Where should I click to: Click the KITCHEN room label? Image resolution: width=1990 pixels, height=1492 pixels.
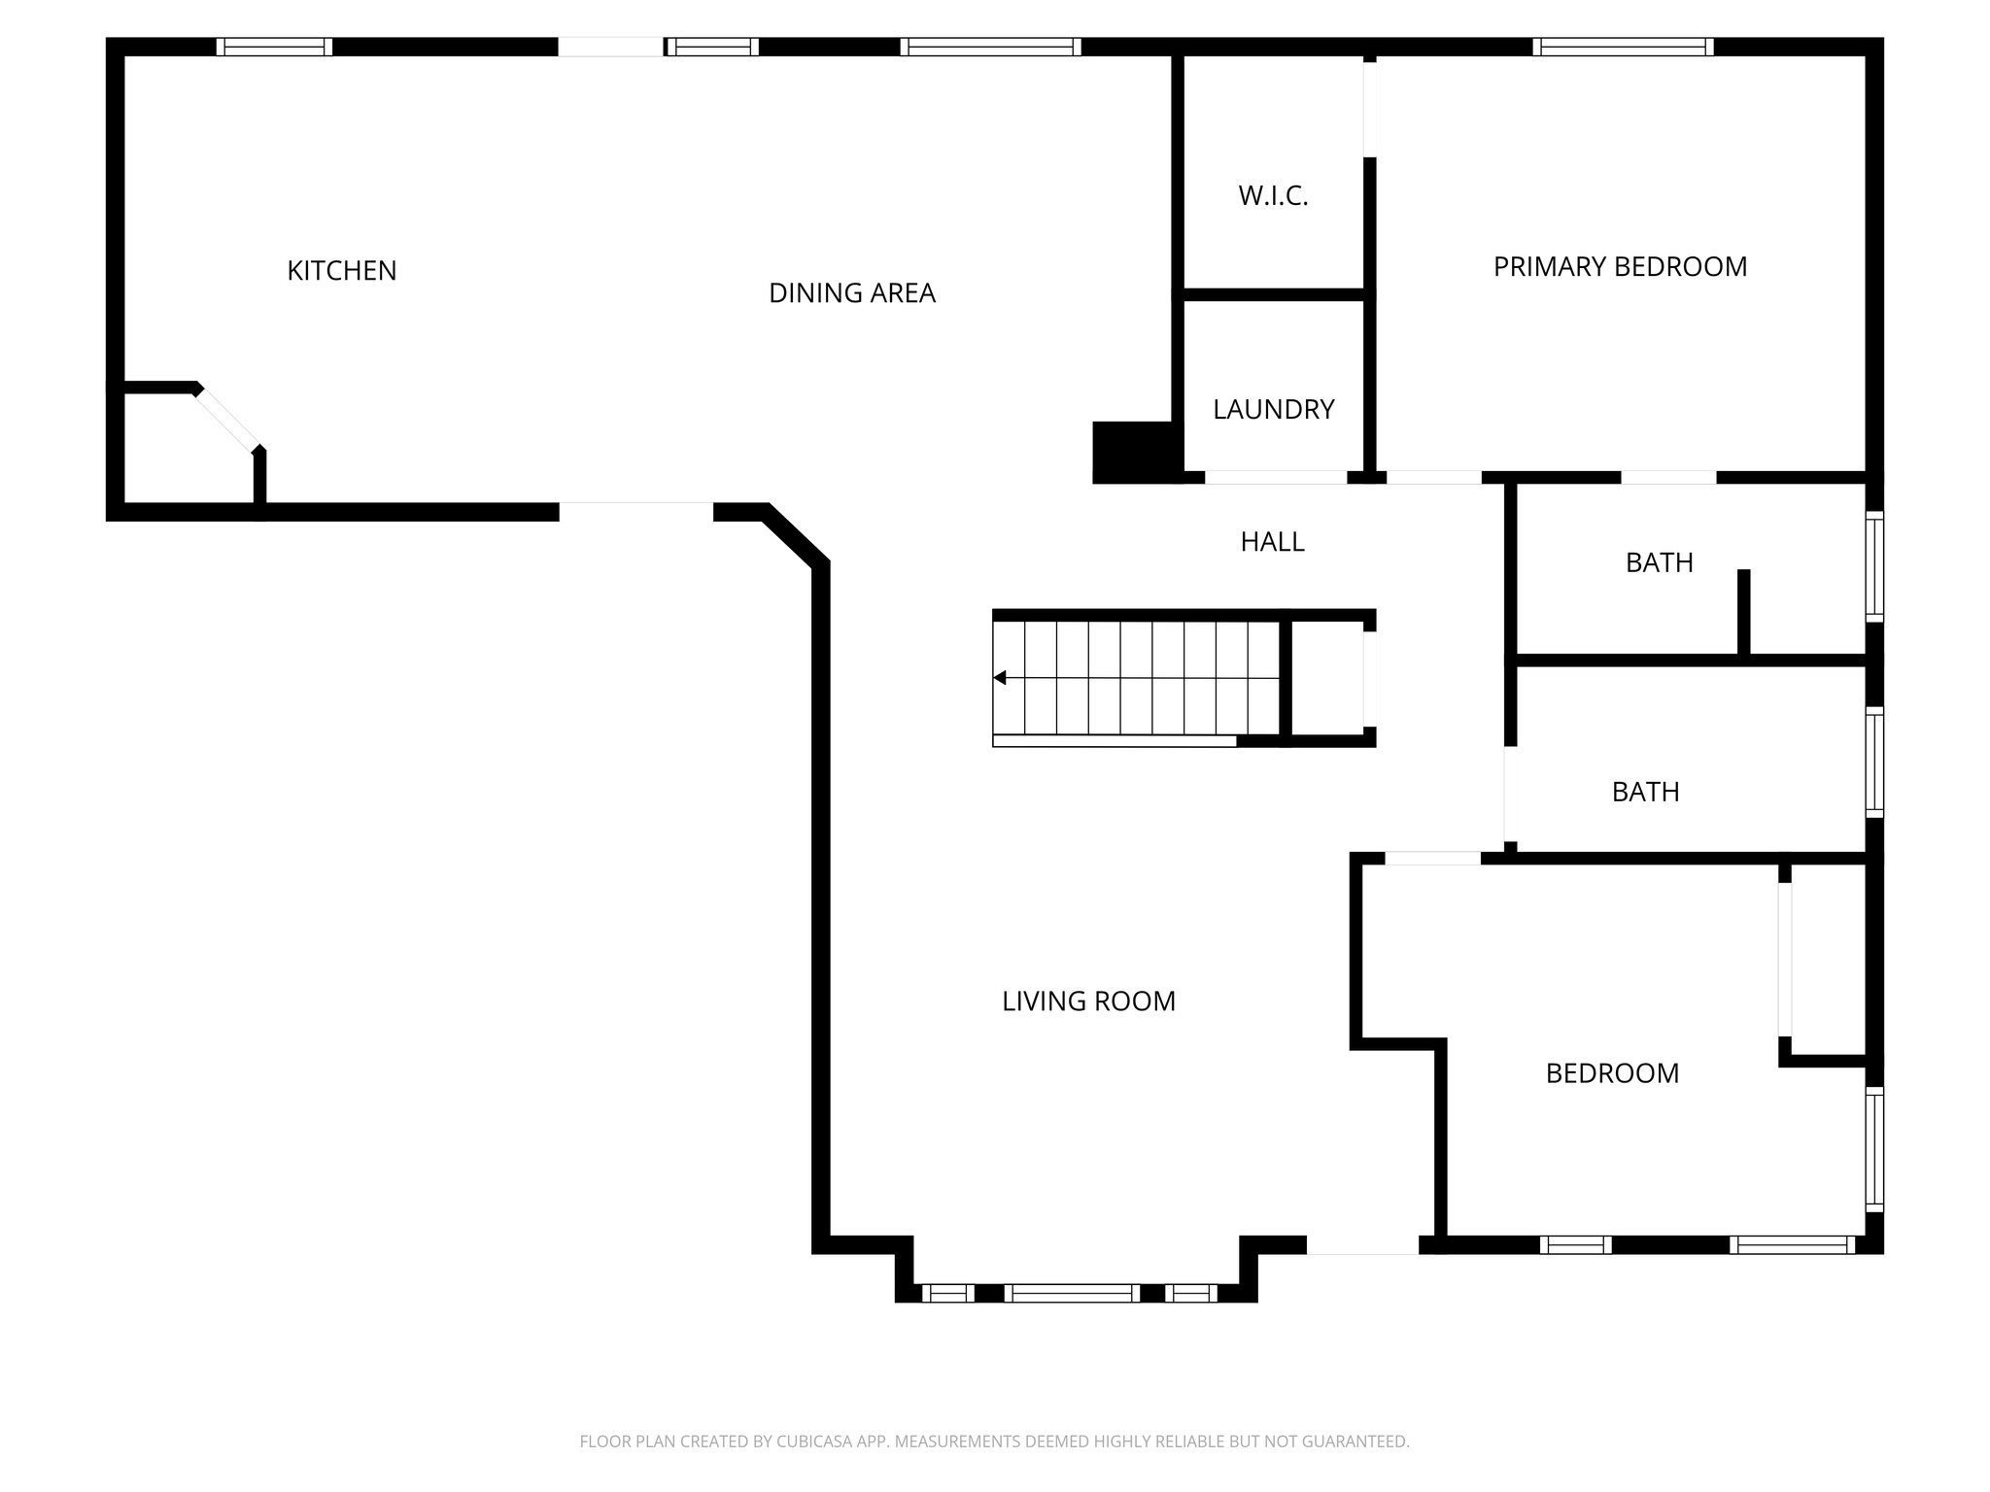click(x=341, y=271)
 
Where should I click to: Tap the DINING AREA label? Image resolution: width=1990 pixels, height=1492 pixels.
click(x=851, y=293)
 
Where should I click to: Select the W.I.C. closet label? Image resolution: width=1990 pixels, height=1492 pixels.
click(x=1273, y=196)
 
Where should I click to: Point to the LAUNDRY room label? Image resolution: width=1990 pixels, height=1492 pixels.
click(x=1273, y=410)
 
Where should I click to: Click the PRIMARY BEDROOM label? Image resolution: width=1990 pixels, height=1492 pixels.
click(x=1620, y=267)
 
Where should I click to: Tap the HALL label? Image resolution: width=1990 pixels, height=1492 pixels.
click(x=1272, y=542)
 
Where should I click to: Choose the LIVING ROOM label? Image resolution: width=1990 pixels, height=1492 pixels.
click(x=1088, y=1001)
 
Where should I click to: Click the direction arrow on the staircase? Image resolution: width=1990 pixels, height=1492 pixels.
click(x=1000, y=678)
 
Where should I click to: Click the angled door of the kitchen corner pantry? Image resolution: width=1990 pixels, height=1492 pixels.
click(x=227, y=419)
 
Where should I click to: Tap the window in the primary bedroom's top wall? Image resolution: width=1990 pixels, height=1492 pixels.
click(x=1623, y=47)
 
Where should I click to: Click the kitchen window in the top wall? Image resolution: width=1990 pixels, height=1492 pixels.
click(x=274, y=47)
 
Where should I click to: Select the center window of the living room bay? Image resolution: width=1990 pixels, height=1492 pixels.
click(x=1072, y=1293)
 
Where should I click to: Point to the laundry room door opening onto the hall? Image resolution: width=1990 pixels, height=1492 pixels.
click(x=1276, y=478)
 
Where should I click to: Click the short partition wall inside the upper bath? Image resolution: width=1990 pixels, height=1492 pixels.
click(x=1743, y=612)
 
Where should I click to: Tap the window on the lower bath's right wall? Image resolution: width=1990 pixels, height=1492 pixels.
click(x=1874, y=763)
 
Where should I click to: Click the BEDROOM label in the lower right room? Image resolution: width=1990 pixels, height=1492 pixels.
click(x=1612, y=1073)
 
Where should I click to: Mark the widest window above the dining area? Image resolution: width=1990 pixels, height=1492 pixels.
click(x=990, y=47)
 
